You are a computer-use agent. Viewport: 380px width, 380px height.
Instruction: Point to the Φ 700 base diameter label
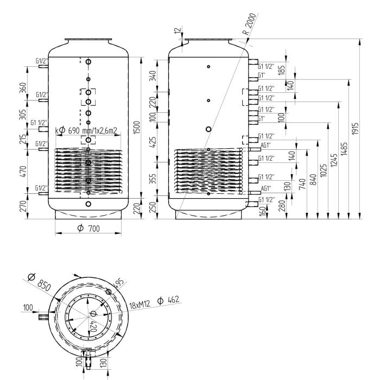(88, 229)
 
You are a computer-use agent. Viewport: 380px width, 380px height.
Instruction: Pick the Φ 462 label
(169, 300)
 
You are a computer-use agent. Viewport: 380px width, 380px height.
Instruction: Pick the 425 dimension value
(154, 142)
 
